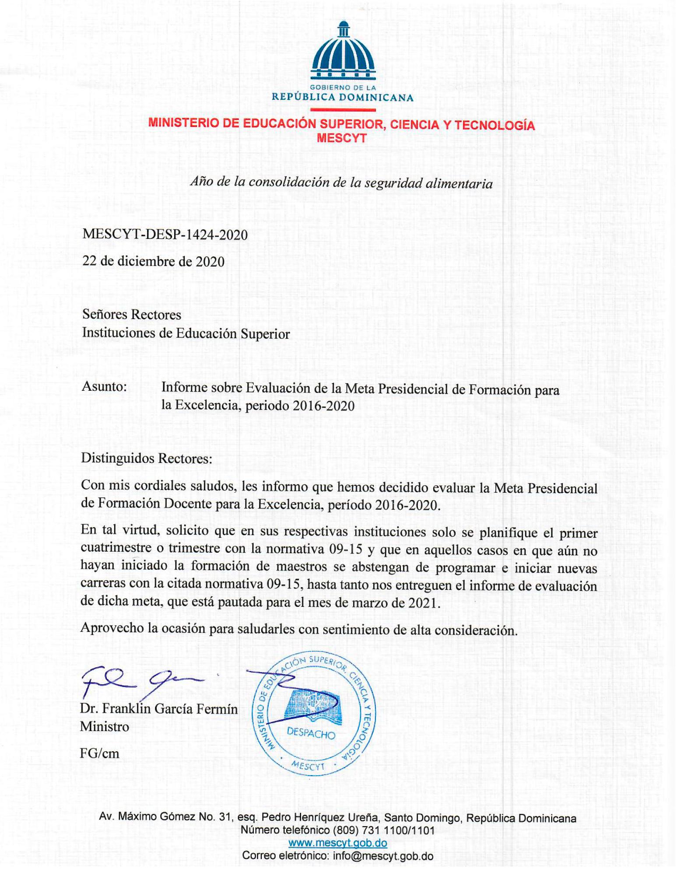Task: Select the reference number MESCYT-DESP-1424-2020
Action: pyautogui.click(x=165, y=235)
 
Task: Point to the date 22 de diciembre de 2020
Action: pyautogui.click(x=153, y=262)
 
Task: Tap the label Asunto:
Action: pyautogui.click(x=104, y=387)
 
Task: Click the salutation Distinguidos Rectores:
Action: pyautogui.click(x=146, y=459)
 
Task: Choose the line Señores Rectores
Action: pyautogui.click(x=131, y=315)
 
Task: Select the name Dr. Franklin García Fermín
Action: pyautogui.click(x=158, y=709)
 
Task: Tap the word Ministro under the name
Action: pyautogui.click(x=104, y=727)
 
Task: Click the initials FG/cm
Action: pyautogui.click(x=99, y=753)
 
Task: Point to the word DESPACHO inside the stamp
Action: pyautogui.click(x=311, y=733)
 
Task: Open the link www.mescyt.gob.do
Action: pyautogui.click(x=337, y=843)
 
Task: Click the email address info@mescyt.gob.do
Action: pyautogui.click(x=383, y=856)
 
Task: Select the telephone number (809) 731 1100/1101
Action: pyautogui.click(x=384, y=830)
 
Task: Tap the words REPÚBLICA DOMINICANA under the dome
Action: pyautogui.click(x=342, y=97)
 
